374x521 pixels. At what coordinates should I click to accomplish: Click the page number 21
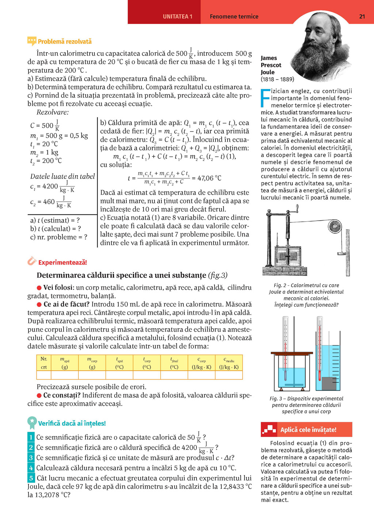click(x=362, y=16)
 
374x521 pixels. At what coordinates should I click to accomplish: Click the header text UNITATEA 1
click(x=178, y=16)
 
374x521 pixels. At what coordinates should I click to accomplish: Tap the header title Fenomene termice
click(x=234, y=16)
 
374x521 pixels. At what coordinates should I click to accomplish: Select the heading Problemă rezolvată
click(x=64, y=42)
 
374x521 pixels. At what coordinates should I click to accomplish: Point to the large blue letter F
click(x=266, y=98)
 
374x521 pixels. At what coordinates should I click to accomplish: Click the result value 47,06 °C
click(x=209, y=178)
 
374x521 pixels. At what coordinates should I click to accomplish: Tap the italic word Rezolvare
click(x=53, y=112)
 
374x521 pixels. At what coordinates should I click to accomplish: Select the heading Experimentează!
click(x=62, y=262)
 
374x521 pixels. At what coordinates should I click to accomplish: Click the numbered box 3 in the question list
click(x=31, y=458)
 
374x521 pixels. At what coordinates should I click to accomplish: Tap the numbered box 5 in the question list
click(x=31, y=478)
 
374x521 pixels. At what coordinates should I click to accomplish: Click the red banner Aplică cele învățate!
click(x=307, y=430)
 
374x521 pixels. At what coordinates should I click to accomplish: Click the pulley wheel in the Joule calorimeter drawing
click(x=334, y=226)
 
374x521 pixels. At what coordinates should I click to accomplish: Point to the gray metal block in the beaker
click(x=329, y=383)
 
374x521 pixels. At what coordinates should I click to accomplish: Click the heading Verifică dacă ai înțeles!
click(x=72, y=423)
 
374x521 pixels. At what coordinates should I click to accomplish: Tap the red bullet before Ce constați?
click(x=39, y=396)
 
